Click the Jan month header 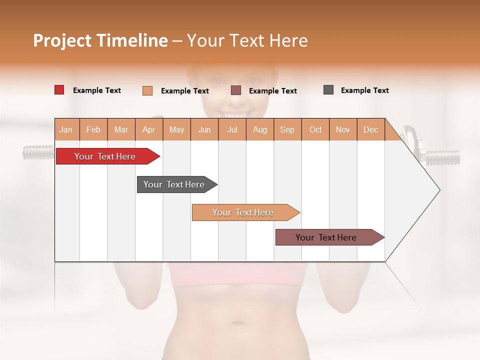66,129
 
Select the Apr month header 149,129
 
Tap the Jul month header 232,129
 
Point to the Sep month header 287,129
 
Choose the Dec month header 370,129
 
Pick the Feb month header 93,129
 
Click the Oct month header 315,129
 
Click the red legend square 59,90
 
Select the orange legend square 147,90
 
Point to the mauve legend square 236,90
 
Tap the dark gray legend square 328,90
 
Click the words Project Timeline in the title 100,40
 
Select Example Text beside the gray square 364,90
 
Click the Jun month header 204,129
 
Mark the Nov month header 343,129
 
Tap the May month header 176,129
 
